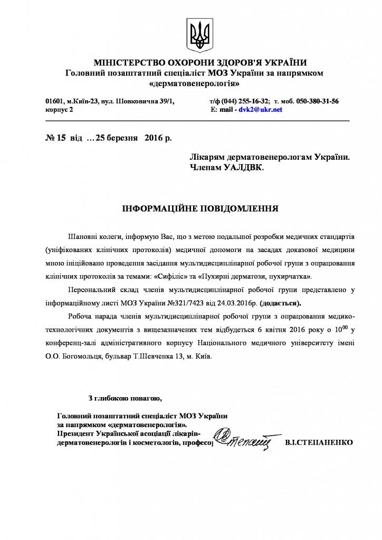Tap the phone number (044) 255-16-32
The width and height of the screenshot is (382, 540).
click(245, 101)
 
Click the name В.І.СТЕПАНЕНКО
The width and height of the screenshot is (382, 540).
click(318, 441)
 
